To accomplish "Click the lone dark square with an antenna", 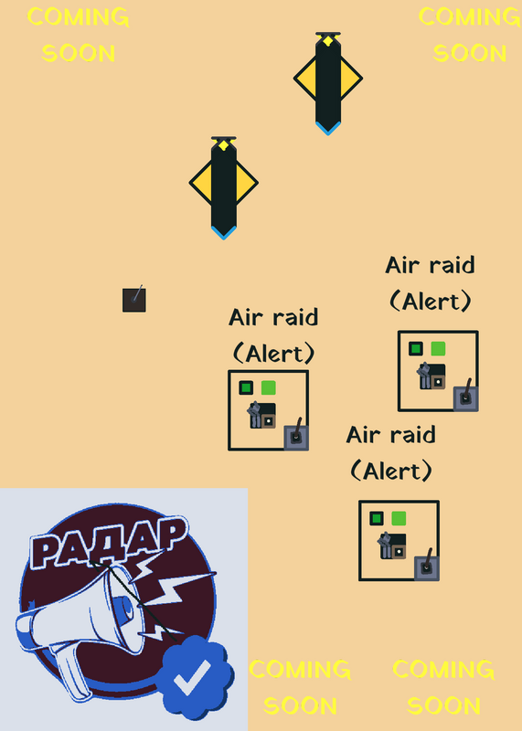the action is pos(134,300).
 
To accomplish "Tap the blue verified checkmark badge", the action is pos(195,677).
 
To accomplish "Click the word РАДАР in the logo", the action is pos(109,541).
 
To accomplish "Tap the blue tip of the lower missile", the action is pos(223,233).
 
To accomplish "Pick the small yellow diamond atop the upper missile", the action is pos(328,41).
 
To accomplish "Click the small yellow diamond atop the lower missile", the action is pos(223,145).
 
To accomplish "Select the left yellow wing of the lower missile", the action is pos(201,183).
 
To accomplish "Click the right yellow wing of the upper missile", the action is pos(351,79).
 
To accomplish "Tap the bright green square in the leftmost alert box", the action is pos(268,387).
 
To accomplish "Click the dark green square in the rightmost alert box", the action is pos(416,348).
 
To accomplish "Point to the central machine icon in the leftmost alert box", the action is pos(261,415).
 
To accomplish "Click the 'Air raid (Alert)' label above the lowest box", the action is pos(391,452).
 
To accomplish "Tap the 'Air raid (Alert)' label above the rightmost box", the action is pos(430,283).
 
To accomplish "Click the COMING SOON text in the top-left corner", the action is pos(79,35).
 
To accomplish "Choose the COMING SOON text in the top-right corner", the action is pos(470,35).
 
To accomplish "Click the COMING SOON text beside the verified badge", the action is pos(300,687).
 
